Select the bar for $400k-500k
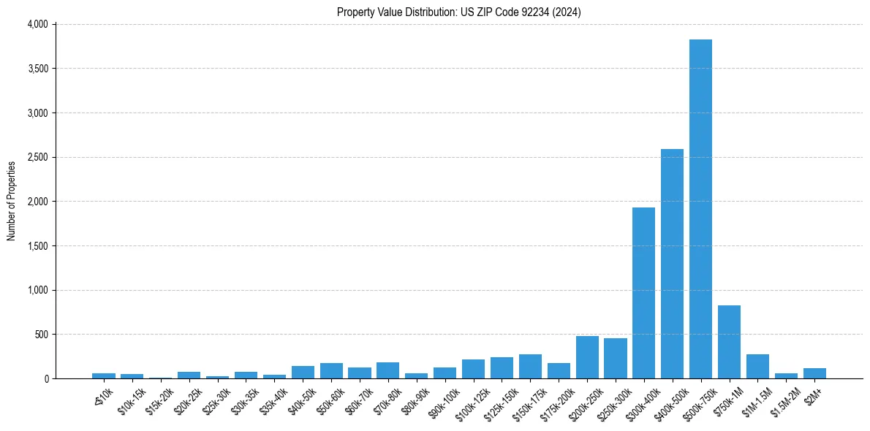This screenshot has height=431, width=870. click(672, 264)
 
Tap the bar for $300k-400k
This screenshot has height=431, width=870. click(643, 293)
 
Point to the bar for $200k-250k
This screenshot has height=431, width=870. click(587, 357)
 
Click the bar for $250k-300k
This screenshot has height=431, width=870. click(616, 358)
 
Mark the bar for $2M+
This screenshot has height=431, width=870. click(814, 373)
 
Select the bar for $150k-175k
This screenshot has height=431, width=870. click(530, 366)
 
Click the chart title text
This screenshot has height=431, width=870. click(459, 12)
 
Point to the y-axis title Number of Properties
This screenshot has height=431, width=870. click(12, 201)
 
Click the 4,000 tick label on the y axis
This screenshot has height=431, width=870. click(37, 24)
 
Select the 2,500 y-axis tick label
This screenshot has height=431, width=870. click(37, 157)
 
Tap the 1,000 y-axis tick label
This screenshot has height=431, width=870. click(37, 290)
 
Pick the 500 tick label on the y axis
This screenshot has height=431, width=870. click(40, 335)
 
